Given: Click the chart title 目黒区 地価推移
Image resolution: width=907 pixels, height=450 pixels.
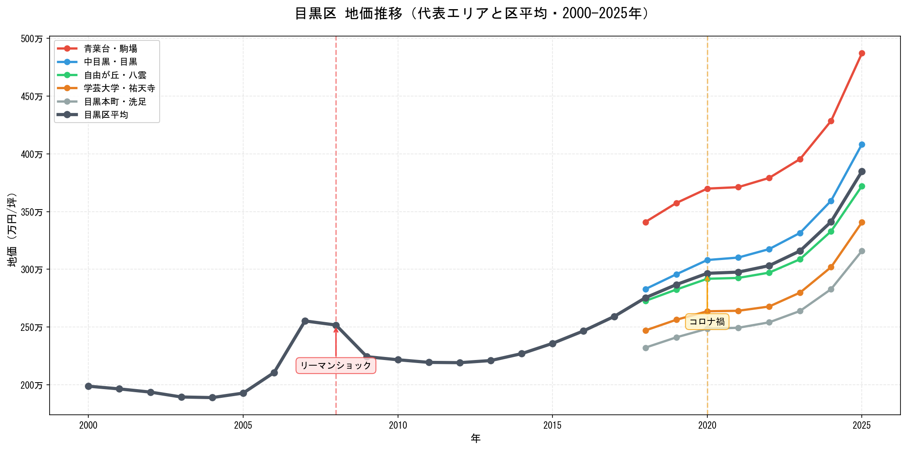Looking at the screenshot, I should [x=472, y=13].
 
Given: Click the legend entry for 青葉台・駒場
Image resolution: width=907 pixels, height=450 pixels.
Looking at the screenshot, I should [x=110, y=49].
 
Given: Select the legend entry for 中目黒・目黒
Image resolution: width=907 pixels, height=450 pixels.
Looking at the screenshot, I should [x=110, y=62].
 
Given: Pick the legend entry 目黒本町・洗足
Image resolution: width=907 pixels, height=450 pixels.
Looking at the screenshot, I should [x=115, y=102].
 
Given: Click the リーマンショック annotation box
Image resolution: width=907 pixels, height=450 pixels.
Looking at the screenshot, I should [x=336, y=366].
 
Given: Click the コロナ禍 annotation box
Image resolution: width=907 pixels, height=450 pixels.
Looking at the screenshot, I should [x=707, y=322].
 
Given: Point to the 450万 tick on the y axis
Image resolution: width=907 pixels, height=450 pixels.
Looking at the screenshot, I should [x=32, y=97].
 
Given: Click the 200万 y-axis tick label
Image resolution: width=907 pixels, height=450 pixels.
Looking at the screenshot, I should [x=32, y=385].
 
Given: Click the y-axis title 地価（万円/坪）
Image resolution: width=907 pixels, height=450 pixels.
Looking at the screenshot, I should [x=12, y=230].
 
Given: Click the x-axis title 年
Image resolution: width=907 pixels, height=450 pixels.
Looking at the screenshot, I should [x=475, y=438].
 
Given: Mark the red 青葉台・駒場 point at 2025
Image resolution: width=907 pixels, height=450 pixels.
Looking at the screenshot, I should [x=862, y=53].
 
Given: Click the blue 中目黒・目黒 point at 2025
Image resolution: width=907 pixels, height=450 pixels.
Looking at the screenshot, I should [x=862, y=145].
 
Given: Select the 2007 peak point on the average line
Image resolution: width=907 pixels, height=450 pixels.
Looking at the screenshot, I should [x=305, y=321].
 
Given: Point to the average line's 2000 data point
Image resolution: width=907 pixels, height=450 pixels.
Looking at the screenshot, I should [x=88, y=386].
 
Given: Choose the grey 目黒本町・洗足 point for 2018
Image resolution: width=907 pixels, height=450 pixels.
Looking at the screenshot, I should [x=646, y=348].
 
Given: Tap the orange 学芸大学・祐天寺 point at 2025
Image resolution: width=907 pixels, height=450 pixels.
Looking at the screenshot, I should [x=862, y=222].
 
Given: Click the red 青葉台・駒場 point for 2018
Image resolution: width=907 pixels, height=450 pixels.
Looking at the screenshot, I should [x=646, y=222].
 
